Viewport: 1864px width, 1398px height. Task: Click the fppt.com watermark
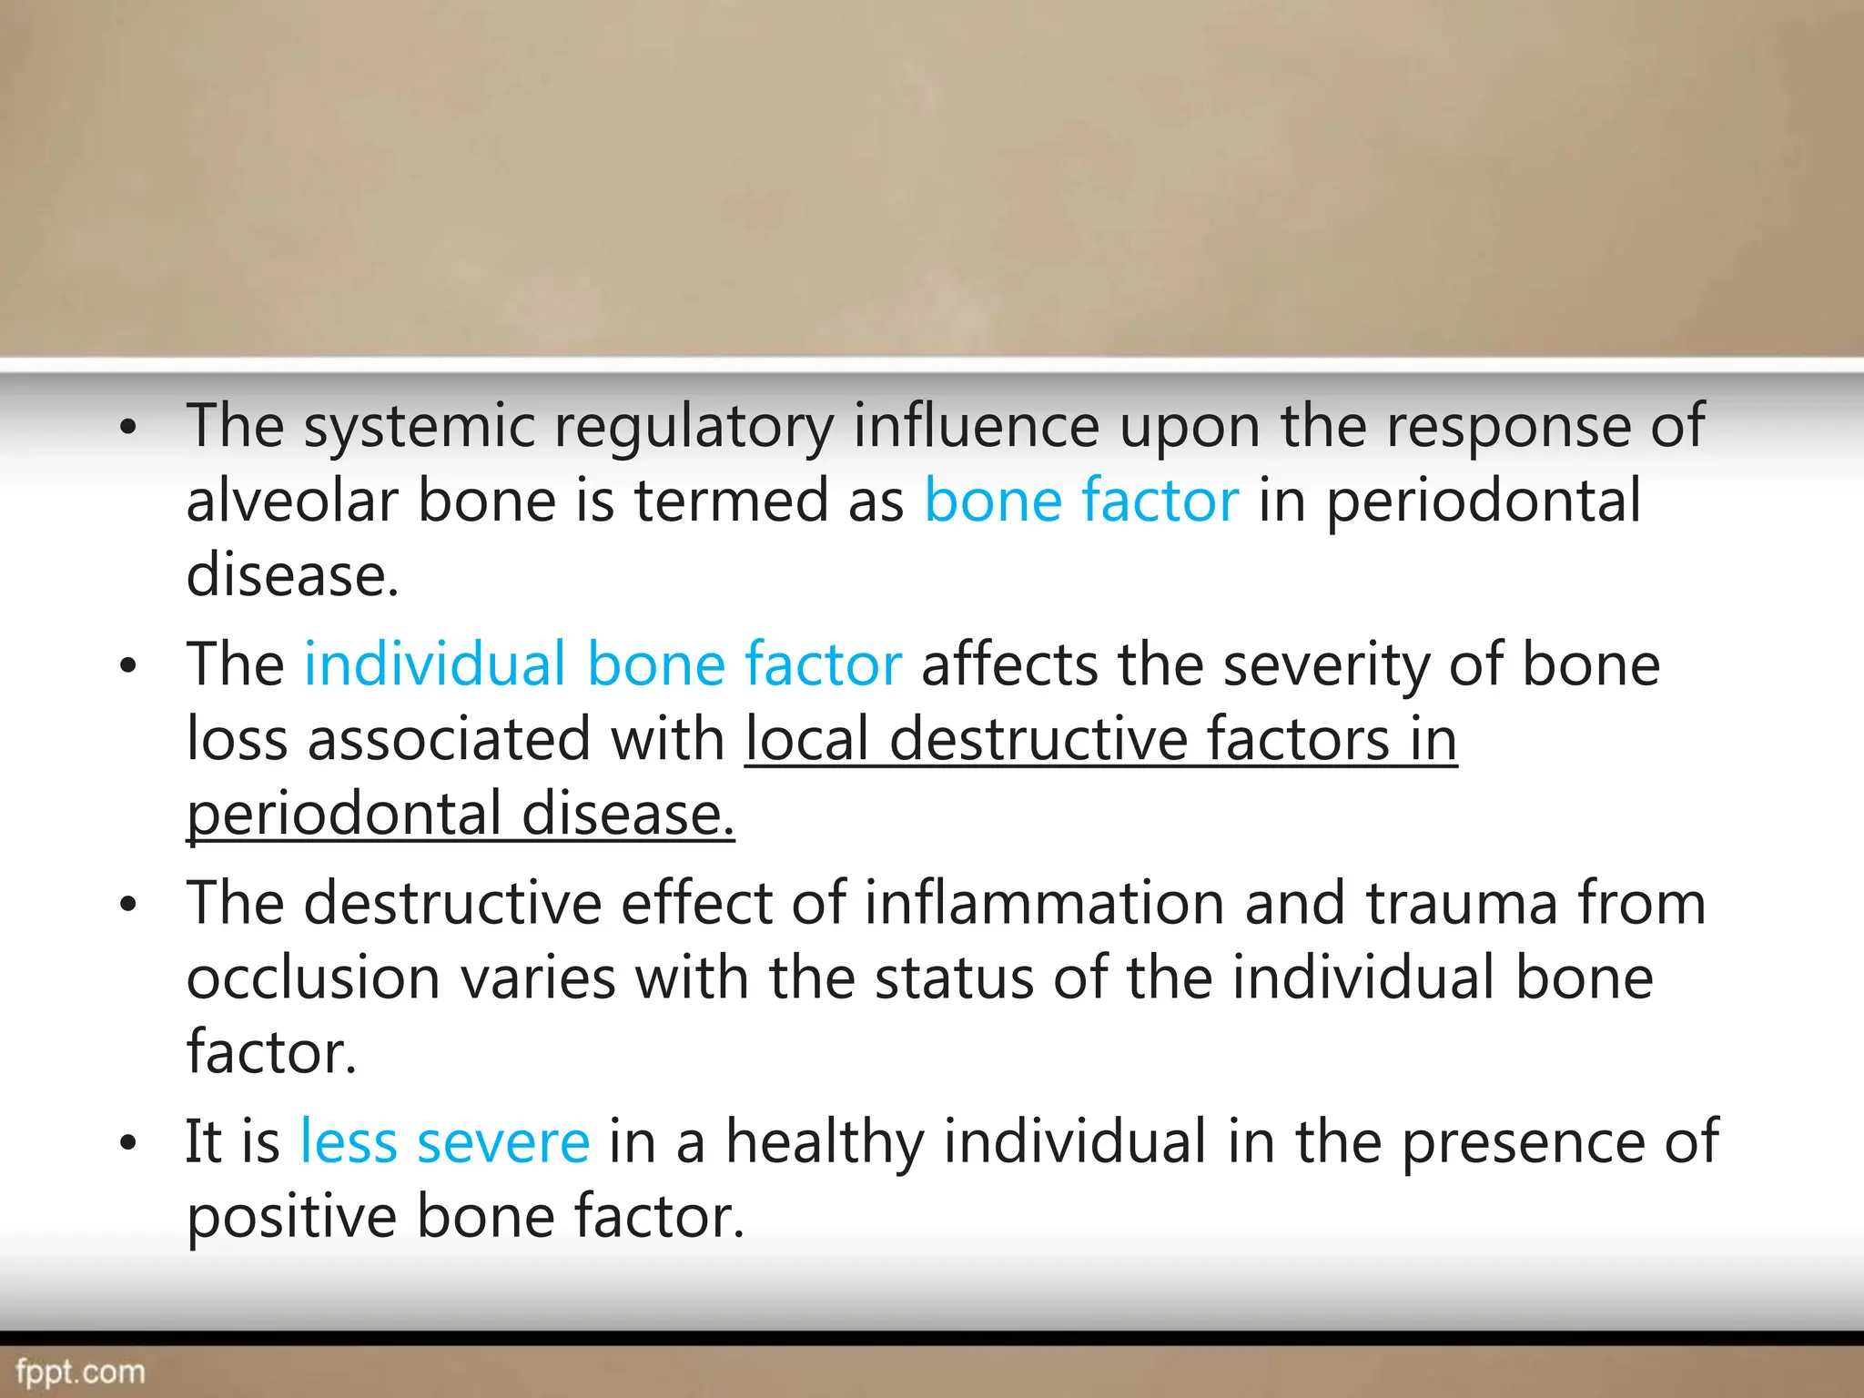80,1372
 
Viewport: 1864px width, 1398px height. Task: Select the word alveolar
291,501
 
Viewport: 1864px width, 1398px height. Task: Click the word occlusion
313,978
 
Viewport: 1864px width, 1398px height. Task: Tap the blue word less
349,1141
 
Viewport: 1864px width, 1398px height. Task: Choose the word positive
291,1217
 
